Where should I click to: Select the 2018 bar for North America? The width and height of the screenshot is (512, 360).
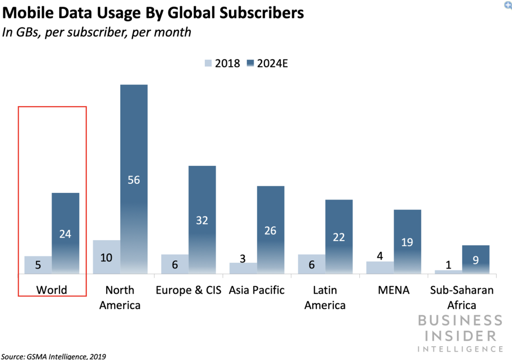106,257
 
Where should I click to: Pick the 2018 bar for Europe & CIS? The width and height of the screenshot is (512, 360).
174,264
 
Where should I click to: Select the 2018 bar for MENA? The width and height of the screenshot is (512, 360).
380,268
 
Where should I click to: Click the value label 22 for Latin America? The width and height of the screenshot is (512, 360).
338,238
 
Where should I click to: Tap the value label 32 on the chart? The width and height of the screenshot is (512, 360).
202,220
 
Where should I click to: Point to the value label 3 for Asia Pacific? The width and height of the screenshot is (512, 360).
242,258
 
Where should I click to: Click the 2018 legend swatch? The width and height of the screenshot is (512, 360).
208,64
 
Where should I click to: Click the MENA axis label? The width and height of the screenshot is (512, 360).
393,290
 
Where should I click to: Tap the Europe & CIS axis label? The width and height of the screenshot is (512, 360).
188,290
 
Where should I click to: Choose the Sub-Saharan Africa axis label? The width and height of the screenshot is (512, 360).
461,297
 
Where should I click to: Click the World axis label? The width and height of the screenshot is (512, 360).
52,290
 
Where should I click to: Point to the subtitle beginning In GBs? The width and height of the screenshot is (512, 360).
97,32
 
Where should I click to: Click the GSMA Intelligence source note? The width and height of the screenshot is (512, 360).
54,356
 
